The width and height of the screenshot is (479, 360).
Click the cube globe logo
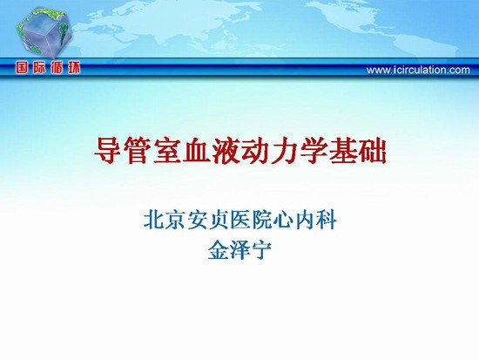(44, 33)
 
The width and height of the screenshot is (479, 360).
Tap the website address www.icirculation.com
(418, 70)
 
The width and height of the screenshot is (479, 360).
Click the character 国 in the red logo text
(22, 67)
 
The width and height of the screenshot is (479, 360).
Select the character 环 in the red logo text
(73, 67)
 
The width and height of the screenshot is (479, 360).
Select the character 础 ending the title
(372, 151)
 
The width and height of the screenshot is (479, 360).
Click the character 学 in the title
(314, 151)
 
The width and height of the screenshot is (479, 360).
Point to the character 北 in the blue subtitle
(154, 220)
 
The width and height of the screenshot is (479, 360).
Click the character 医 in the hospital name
(239, 220)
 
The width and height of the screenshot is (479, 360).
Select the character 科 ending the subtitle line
(326, 220)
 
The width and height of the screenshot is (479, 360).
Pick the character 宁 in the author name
(261, 249)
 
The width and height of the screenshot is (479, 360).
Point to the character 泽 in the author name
(239, 249)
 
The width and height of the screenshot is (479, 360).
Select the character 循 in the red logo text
(57, 67)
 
